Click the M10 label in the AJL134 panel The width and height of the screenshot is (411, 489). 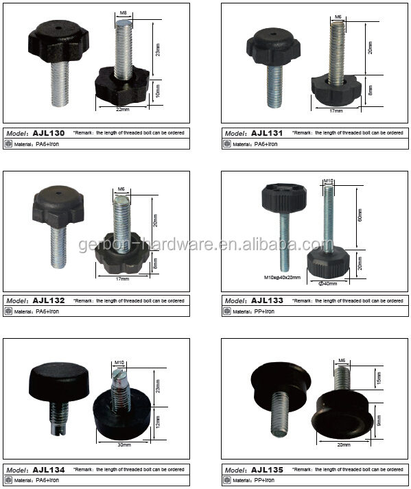pos(119,362)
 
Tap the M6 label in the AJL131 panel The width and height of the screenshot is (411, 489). pos(338,17)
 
